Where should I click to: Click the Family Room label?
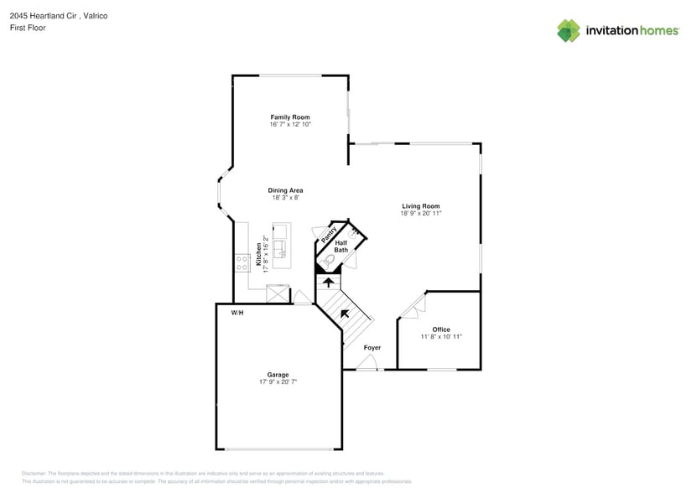pyautogui.click(x=289, y=117)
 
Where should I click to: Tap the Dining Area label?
pyautogui.click(x=285, y=190)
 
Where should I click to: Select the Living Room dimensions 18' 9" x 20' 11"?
pyautogui.click(x=420, y=214)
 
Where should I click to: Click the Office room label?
pyautogui.click(x=441, y=330)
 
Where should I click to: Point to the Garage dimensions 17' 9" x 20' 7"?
pyautogui.click(x=278, y=381)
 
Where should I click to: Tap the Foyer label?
pyautogui.click(x=372, y=347)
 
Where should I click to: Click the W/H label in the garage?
pyautogui.click(x=237, y=313)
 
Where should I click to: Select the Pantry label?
pyautogui.click(x=330, y=235)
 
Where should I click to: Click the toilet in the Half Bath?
pyautogui.click(x=328, y=263)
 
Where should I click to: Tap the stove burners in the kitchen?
pyautogui.click(x=242, y=262)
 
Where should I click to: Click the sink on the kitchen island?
pyautogui.click(x=281, y=247)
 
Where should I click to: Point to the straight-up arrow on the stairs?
pyautogui.click(x=328, y=283)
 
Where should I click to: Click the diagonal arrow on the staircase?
pyautogui.click(x=344, y=314)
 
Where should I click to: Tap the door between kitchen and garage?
pyautogui.click(x=301, y=297)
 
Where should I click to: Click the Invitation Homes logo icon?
pyautogui.click(x=569, y=30)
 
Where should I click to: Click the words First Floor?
pyautogui.click(x=28, y=28)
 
